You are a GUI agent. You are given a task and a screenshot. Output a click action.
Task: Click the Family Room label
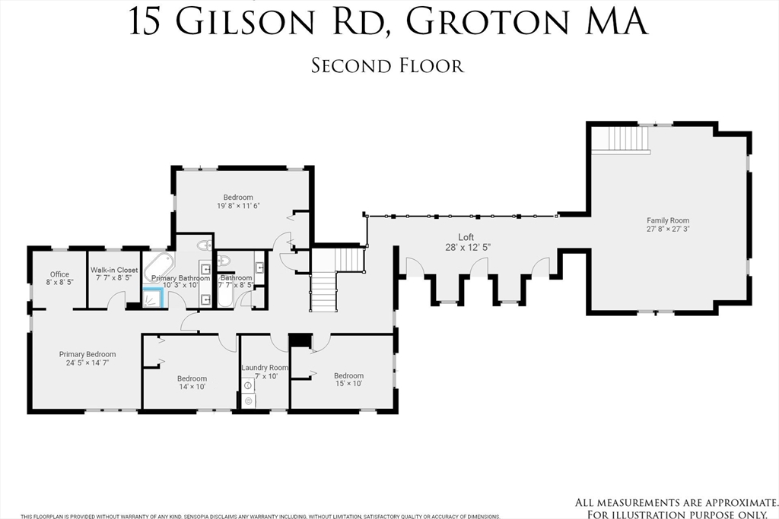668,220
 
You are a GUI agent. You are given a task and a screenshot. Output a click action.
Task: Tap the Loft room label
466,237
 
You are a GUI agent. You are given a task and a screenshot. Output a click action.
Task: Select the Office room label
59,274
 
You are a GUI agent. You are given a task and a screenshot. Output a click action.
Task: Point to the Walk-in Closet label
114,270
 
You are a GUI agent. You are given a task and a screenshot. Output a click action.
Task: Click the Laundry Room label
265,368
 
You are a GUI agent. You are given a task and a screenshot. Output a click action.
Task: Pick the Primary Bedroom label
87,354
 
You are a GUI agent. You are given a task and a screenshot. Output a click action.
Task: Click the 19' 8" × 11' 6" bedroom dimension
238,206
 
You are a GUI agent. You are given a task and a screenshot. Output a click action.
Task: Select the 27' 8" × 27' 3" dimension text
668,229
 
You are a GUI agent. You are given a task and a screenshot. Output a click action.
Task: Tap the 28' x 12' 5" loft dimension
466,247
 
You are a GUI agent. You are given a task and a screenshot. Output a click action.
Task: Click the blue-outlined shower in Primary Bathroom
154,298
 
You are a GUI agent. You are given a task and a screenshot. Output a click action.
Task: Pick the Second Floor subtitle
387,66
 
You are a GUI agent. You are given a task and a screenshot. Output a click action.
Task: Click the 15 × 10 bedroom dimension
348,384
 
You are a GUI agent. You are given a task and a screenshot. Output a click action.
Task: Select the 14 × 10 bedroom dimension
192,387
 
